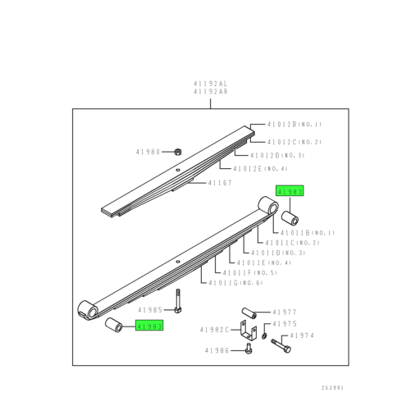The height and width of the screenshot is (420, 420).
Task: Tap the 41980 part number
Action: pos(149,152)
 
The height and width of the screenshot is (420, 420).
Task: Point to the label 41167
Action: pos(220,183)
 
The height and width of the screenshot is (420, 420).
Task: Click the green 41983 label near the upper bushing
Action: pos(290,191)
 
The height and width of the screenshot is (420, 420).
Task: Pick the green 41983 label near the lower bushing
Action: pos(150,326)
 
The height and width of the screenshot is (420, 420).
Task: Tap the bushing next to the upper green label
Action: pos(290,219)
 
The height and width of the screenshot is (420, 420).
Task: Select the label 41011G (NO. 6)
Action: pos(235,283)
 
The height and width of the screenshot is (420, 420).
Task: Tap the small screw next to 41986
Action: pos(248,350)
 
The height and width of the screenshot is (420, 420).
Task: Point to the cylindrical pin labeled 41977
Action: pos(249,313)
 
